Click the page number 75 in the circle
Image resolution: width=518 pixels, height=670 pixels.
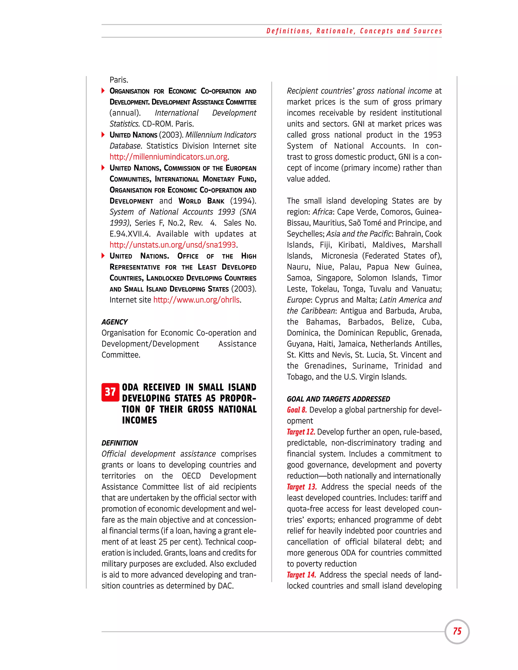click(457, 631)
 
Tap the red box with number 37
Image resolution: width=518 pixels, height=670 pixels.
click(110, 392)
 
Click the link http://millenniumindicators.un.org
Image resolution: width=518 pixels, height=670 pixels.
click(168, 157)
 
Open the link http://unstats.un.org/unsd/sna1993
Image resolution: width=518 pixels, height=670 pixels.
click(173, 245)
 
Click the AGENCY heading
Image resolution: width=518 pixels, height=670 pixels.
click(115, 322)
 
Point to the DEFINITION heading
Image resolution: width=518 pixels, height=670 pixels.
click(120, 443)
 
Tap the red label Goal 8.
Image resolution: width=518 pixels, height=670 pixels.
click(296, 410)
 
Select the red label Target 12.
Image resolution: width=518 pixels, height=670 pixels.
click(301, 432)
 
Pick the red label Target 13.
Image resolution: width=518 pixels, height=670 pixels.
click(301, 487)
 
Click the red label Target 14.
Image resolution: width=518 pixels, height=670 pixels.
click(301, 575)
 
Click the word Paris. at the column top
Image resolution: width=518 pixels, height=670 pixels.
click(119, 80)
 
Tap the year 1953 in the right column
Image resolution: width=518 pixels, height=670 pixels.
click(432, 135)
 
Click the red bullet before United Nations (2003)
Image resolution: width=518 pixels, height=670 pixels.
click(103, 135)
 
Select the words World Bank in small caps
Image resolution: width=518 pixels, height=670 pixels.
click(201, 201)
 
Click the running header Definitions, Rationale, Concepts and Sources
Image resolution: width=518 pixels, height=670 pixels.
click(354, 31)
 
